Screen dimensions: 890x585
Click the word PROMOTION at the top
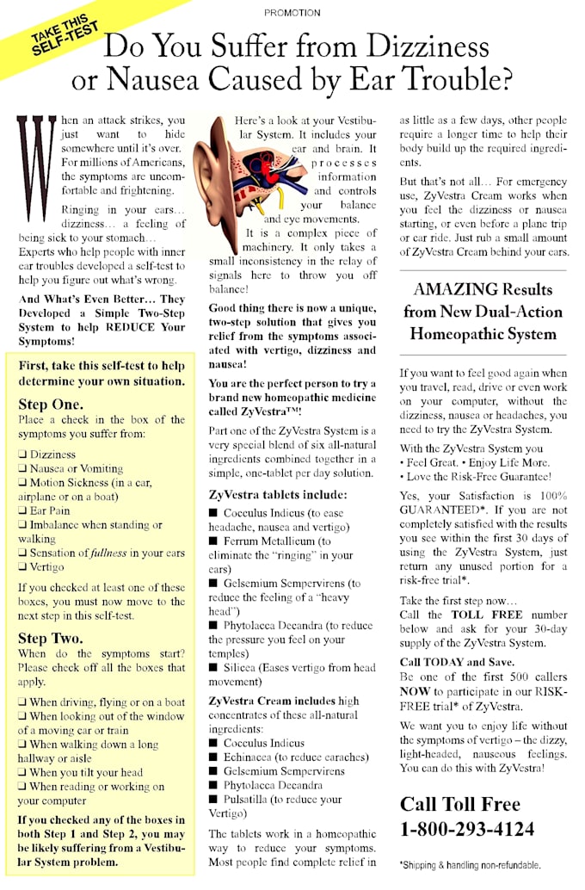tap(292, 13)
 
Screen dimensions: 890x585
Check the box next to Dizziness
tap(22, 455)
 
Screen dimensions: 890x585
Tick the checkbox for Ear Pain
tap(22, 511)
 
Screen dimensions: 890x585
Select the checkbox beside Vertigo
tap(22, 568)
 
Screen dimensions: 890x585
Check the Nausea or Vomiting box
tap(22, 469)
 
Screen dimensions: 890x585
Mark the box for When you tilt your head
tap(22, 773)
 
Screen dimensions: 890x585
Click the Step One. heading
tap(51, 404)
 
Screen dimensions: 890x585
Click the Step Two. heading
tap(51, 638)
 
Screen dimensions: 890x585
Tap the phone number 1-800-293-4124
tap(467, 829)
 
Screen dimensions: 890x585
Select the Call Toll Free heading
tap(459, 804)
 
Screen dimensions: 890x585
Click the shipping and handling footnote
tap(470, 865)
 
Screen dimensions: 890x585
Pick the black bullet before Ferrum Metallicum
tap(213, 541)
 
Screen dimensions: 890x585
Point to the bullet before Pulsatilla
tap(213, 800)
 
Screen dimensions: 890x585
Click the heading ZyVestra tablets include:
tap(278, 495)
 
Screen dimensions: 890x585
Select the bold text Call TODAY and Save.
tap(457, 662)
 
